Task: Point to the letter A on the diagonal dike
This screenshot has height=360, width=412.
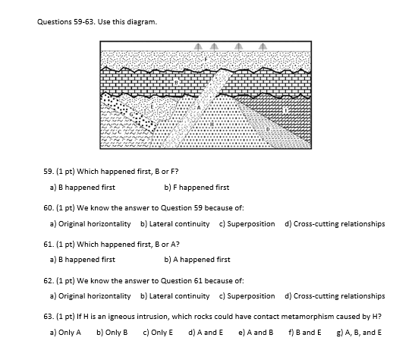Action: click(x=200, y=108)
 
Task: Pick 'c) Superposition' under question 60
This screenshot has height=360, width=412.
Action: click(x=247, y=223)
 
